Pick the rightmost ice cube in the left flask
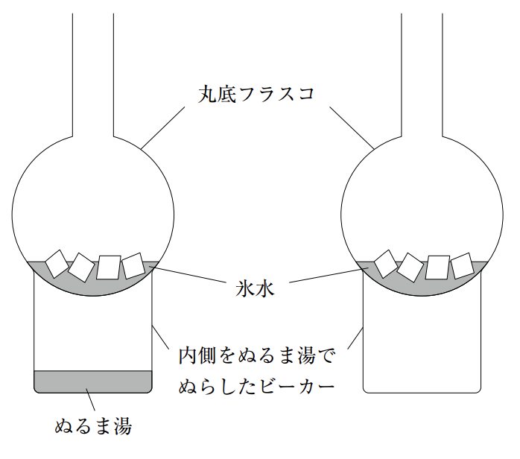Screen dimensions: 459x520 click(x=133, y=265)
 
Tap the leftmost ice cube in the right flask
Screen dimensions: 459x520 click(x=385, y=262)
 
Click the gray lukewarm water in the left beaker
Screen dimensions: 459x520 click(x=93, y=381)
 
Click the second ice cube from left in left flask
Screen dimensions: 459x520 click(x=81, y=268)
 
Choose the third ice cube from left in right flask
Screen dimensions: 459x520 click(x=438, y=267)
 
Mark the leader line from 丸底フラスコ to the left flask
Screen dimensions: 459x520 click(x=162, y=126)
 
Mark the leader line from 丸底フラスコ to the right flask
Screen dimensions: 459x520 click(x=351, y=126)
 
